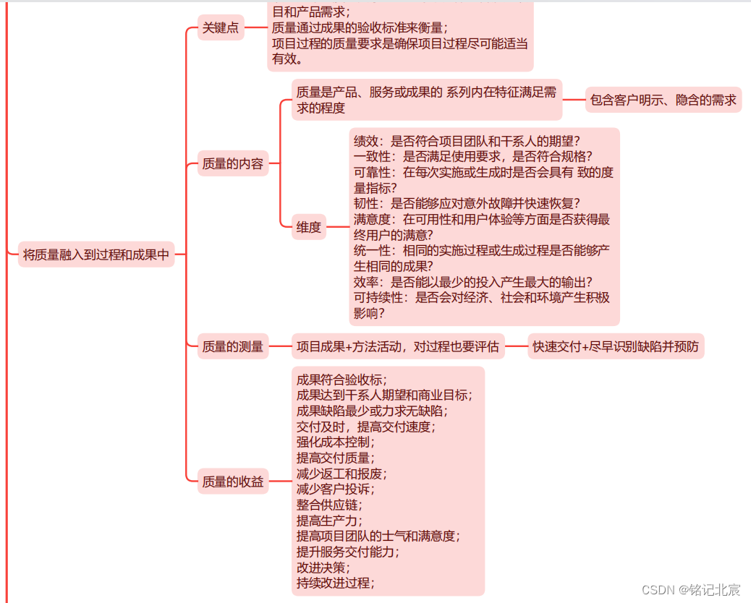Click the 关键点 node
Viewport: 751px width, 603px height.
coord(221,28)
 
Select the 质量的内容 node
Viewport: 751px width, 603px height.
coord(233,163)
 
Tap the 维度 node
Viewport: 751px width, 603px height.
coord(309,227)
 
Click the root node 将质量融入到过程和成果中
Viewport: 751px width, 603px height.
coord(96,254)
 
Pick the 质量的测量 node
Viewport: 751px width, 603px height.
coord(233,346)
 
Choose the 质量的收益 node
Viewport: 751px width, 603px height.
coord(233,481)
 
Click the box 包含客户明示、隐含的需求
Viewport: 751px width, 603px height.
coord(663,100)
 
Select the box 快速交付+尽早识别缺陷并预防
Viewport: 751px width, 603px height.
coord(616,346)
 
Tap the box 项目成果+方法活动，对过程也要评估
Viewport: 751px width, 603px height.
coord(398,346)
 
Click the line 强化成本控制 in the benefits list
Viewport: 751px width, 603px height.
coord(335,442)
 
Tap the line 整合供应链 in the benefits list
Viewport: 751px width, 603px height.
coord(329,505)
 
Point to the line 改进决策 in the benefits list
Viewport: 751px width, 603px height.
coord(323,568)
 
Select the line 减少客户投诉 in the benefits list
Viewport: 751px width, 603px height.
coord(335,489)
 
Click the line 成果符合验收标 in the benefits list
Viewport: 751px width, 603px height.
coord(341,379)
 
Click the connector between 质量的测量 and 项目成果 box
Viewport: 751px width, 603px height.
coord(280,346)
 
